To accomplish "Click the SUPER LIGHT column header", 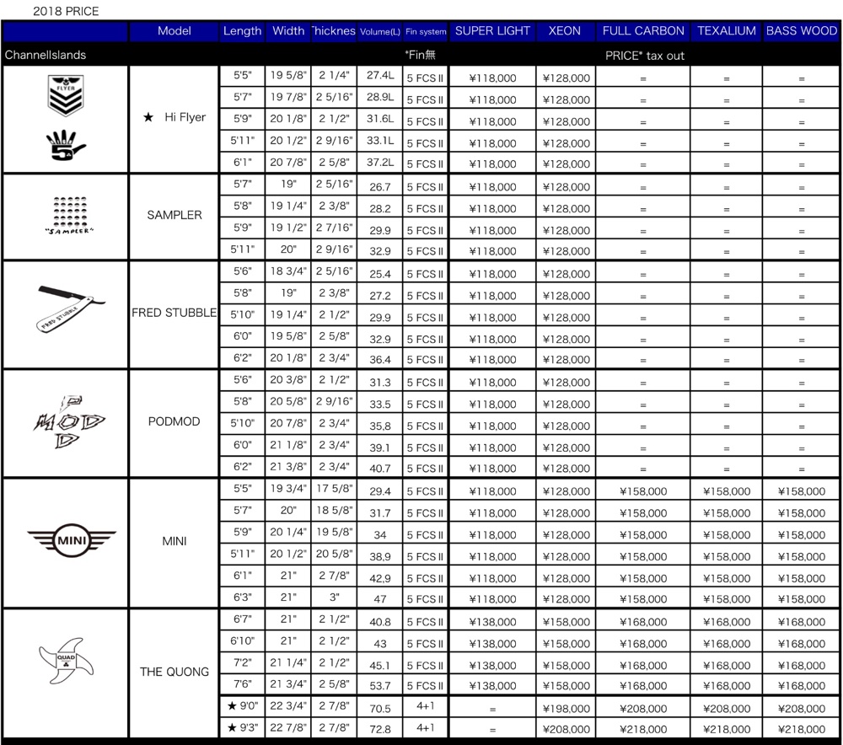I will tap(492, 31).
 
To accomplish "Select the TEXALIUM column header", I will tap(726, 31).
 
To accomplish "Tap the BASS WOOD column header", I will tap(801, 31).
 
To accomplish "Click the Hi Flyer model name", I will tap(176, 118).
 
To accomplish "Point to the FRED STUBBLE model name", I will tap(174, 313).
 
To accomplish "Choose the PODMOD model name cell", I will tap(174, 421).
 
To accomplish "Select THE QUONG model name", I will tap(174, 672).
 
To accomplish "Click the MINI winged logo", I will tap(72, 539).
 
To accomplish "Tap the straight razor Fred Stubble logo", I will tap(72, 308).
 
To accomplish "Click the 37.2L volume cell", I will tap(380, 163).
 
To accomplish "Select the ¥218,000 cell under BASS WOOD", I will tap(801, 729).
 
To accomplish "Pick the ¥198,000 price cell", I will tap(566, 708).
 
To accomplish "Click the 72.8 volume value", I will tap(380, 729).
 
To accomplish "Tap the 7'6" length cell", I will tap(243, 685).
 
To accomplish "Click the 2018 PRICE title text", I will tap(66, 12).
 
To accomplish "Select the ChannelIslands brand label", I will tap(46, 56).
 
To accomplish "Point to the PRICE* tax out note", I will tap(645, 56).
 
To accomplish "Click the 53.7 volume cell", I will tap(380, 686).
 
